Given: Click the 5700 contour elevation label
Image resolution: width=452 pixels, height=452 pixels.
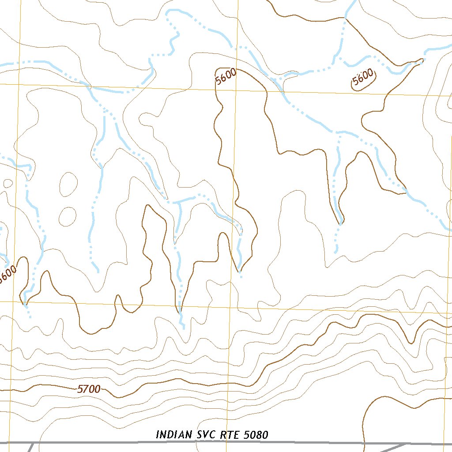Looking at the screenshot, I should [89, 389].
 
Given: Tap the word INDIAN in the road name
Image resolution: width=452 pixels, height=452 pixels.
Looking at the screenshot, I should [174, 435].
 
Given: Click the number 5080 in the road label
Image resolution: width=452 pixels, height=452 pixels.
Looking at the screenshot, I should [256, 435].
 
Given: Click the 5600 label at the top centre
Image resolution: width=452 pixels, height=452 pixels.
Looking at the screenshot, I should [226, 77].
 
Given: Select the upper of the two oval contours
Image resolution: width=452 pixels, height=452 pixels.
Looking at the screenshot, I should [68, 184].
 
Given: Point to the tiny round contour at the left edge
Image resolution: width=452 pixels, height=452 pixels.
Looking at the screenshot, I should [7, 183].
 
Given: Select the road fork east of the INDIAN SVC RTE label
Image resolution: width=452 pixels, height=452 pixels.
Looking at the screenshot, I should [406, 444].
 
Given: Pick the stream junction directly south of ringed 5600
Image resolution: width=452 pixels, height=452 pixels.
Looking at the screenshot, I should [339, 132].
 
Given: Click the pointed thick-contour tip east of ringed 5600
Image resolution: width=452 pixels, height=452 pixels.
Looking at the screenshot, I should [422, 60].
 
